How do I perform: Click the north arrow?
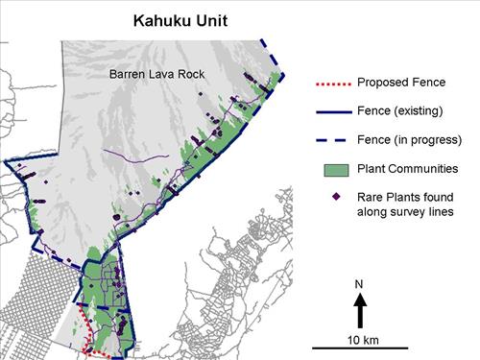point(360,309)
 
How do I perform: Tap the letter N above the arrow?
point(360,285)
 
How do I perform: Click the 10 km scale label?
point(360,339)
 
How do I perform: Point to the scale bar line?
point(360,348)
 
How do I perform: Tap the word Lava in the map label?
point(161,73)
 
